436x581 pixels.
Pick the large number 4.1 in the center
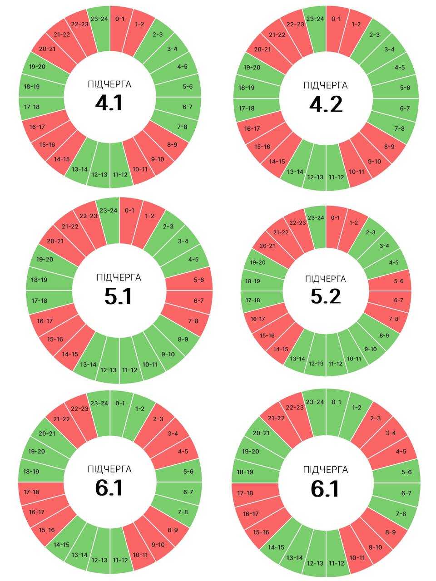109,103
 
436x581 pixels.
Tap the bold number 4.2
326,104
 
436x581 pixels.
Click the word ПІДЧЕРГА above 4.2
326,85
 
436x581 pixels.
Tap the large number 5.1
118,296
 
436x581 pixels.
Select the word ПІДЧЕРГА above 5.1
119,277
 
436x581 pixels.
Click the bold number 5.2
326,296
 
